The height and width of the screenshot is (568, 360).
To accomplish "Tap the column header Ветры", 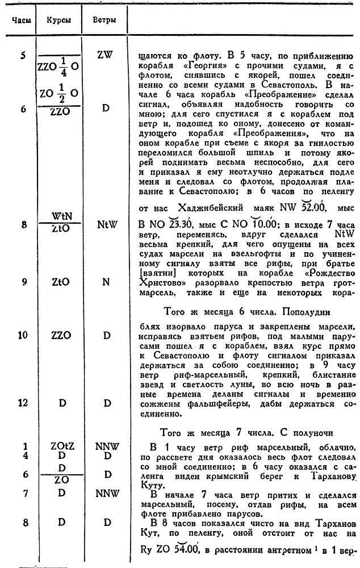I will click(x=104, y=19).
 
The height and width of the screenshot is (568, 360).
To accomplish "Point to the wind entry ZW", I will click(x=104, y=56).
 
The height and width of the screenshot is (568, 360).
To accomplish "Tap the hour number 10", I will click(x=23, y=335).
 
